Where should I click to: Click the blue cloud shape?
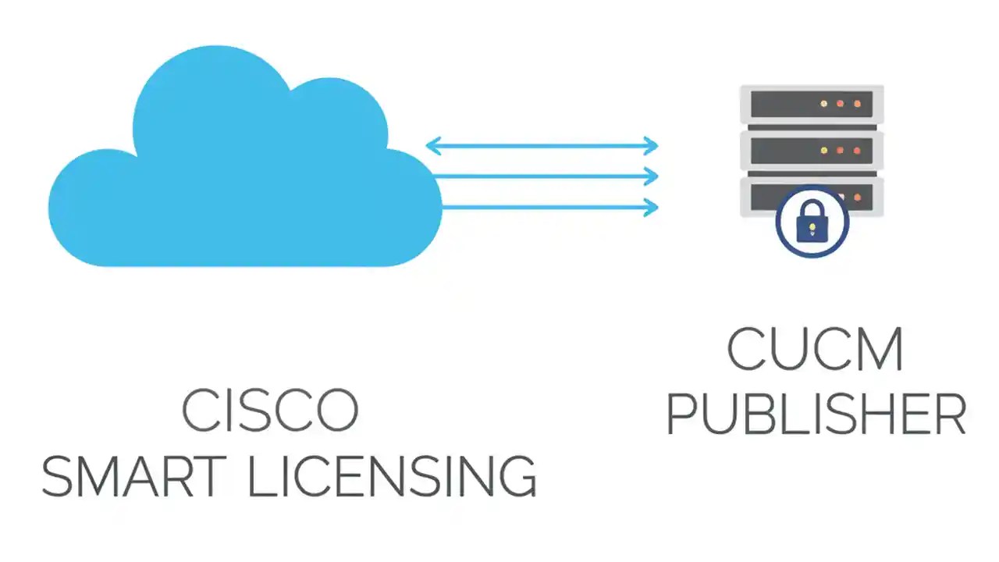pos(234,180)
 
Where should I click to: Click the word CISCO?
pos(270,410)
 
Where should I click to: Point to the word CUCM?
pos(816,350)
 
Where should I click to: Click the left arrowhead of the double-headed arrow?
pos(431,145)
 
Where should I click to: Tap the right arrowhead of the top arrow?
pos(652,145)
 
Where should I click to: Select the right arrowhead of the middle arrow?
pos(652,176)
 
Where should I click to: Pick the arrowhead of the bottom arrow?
pos(652,207)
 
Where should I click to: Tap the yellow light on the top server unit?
pos(823,103)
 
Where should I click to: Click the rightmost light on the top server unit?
pos(857,103)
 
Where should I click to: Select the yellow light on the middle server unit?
pos(823,149)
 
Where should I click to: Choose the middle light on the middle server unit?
pos(841,149)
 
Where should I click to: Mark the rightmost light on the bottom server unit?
pos(857,195)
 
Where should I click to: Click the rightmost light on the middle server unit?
pos(857,149)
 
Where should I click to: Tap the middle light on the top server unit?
pos(841,103)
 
